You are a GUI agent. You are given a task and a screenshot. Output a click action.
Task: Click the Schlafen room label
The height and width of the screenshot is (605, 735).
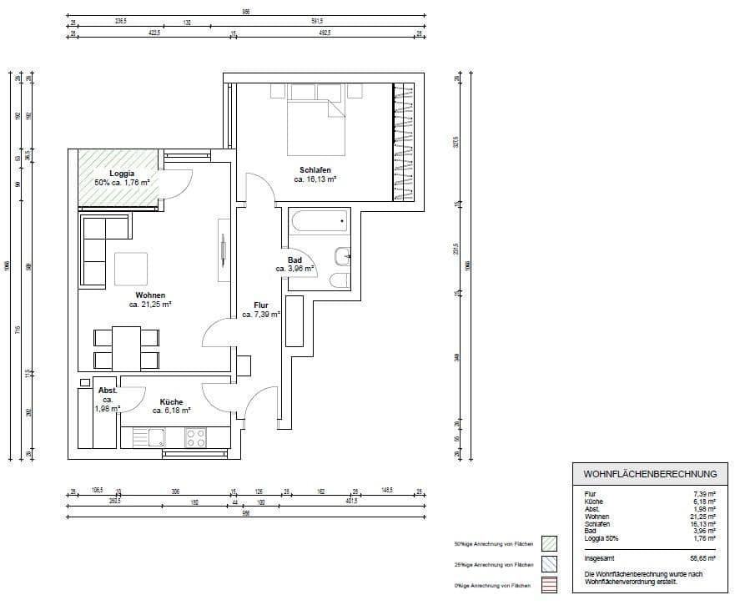point(315,170)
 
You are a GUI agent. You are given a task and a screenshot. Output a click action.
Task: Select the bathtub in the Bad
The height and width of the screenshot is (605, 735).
point(318,223)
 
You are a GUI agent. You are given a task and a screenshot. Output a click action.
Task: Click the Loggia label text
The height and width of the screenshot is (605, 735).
point(122,174)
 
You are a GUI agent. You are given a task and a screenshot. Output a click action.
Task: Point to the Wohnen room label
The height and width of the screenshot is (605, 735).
point(150,295)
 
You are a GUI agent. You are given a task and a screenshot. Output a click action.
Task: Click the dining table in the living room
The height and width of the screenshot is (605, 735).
point(126,348)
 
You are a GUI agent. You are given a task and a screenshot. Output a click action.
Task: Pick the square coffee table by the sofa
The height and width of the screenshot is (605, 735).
point(131,269)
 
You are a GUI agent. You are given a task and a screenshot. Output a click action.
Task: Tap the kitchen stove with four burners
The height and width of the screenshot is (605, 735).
point(195,437)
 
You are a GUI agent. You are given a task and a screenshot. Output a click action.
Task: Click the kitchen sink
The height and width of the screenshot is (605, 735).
point(156,437)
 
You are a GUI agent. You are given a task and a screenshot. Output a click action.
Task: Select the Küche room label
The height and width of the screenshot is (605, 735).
point(171,402)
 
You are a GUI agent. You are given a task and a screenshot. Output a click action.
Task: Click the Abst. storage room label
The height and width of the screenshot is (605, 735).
point(108,391)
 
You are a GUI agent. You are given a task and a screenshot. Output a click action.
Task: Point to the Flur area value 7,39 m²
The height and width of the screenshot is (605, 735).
point(261,315)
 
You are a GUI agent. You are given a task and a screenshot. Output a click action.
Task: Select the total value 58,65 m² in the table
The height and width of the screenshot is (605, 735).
point(701,559)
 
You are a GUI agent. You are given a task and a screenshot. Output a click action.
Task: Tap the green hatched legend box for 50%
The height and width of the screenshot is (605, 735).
point(548,542)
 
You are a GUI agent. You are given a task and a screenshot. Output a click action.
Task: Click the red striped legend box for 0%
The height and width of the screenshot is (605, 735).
point(548,587)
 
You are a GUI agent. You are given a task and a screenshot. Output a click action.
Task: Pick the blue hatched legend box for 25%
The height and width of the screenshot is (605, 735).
point(548,565)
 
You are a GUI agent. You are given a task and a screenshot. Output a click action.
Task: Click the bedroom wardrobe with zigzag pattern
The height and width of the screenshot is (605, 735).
point(403,141)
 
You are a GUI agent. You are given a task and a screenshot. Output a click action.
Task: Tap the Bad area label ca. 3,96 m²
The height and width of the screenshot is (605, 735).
point(295,270)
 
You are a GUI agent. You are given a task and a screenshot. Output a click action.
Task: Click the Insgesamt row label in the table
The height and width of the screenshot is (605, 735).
point(602,559)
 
